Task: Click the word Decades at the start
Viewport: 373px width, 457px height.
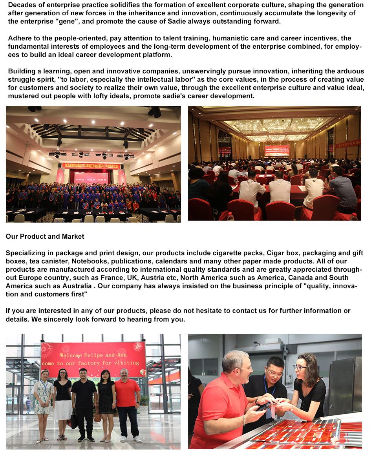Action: click(22, 5)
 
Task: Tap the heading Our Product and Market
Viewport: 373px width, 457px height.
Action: click(45, 236)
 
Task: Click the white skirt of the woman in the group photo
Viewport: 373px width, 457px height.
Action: click(63, 410)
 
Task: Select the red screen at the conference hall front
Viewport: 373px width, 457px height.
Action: click(277, 150)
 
